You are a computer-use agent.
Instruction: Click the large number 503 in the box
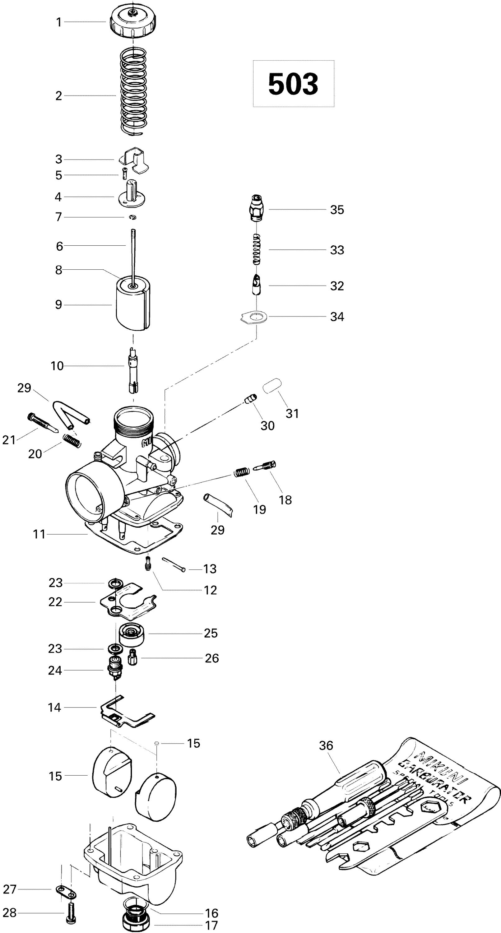tap(293, 84)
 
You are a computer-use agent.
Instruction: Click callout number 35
tap(337, 210)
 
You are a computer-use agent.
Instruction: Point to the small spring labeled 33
tap(257, 249)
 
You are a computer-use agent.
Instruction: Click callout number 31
tap(292, 413)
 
